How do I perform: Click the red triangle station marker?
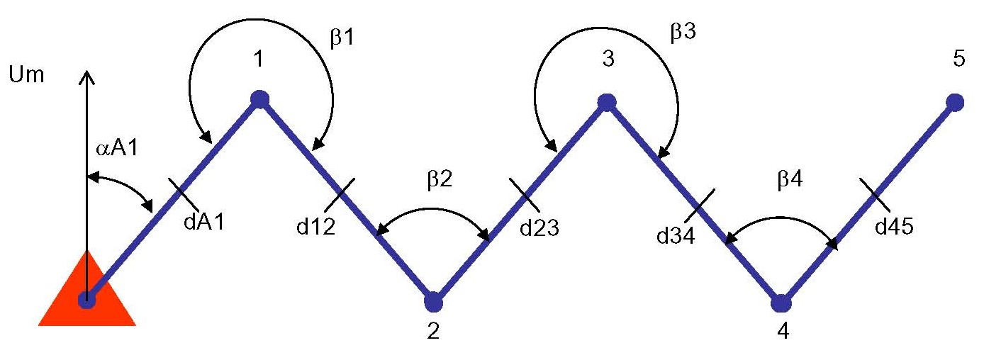pos(86,298)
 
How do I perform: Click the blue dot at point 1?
pos(260,99)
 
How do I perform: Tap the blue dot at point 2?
pos(433,303)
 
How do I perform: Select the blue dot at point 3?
pos(605,102)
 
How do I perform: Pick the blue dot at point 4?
pos(781,303)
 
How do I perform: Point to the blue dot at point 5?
pos(955,103)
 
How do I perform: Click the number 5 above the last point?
pos(958,58)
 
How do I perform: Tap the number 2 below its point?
pos(433,332)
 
